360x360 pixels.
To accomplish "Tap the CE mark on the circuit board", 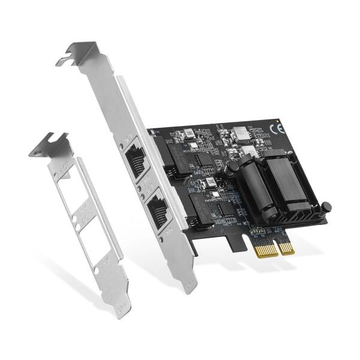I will (278, 128).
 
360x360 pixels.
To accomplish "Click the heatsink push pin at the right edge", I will (326, 208).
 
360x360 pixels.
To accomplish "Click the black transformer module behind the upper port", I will (179, 155).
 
